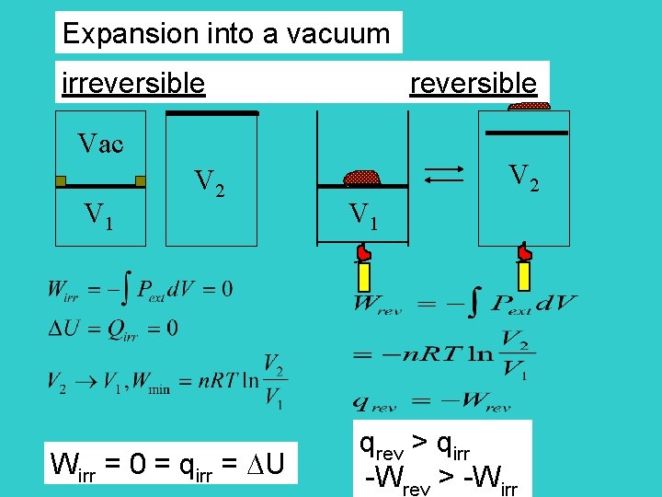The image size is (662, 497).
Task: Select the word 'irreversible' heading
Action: pyautogui.click(x=133, y=83)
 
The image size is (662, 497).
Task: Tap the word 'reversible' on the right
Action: pyautogui.click(x=473, y=83)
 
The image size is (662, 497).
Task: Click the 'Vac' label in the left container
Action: pyautogui.click(x=100, y=144)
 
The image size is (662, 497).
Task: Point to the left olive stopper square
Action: pyautogui.click(x=61, y=181)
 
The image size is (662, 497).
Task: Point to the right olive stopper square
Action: pyautogui.click(x=141, y=181)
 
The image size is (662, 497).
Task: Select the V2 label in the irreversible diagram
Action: pyautogui.click(x=211, y=183)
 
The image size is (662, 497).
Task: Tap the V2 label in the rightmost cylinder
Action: pyautogui.click(x=524, y=176)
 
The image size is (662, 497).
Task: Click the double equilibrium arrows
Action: pyautogui.click(x=446, y=175)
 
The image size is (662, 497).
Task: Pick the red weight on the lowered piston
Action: pyautogui.click(x=362, y=178)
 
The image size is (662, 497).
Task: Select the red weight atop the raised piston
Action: pyautogui.click(x=529, y=107)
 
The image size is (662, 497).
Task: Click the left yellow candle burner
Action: pyautogui.click(x=364, y=275)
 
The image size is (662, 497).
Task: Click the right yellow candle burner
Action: pyautogui.click(x=524, y=275)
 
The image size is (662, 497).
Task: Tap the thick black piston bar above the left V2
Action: pyautogui.click(x=211, y=113)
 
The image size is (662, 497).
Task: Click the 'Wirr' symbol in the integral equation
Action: pyautogui.click(x=63, y=291)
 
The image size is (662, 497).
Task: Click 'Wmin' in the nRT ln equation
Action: pyautogui.click(x=151, y=386)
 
